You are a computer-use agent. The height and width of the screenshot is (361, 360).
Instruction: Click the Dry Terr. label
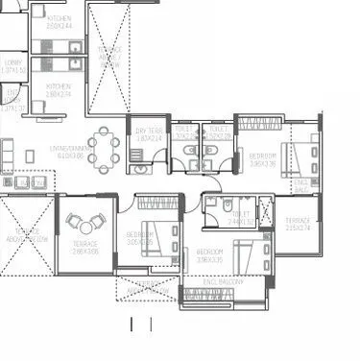(x=149, y=135)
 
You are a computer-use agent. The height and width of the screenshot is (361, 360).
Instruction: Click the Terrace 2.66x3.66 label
(x=84, y=246)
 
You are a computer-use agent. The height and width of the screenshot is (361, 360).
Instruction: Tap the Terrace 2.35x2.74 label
(x=299, y=225)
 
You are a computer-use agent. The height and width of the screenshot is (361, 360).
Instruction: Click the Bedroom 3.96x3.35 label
(x=263, y=158)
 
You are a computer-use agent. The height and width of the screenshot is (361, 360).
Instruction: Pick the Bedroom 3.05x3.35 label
(x=139, y=238)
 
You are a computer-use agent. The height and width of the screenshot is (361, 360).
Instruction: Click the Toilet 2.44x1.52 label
(x=240, y=218)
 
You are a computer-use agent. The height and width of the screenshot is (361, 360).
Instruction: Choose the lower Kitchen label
(x=59, y=90)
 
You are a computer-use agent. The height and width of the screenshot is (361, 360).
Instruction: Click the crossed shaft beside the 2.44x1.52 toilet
(x=266, y=211)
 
